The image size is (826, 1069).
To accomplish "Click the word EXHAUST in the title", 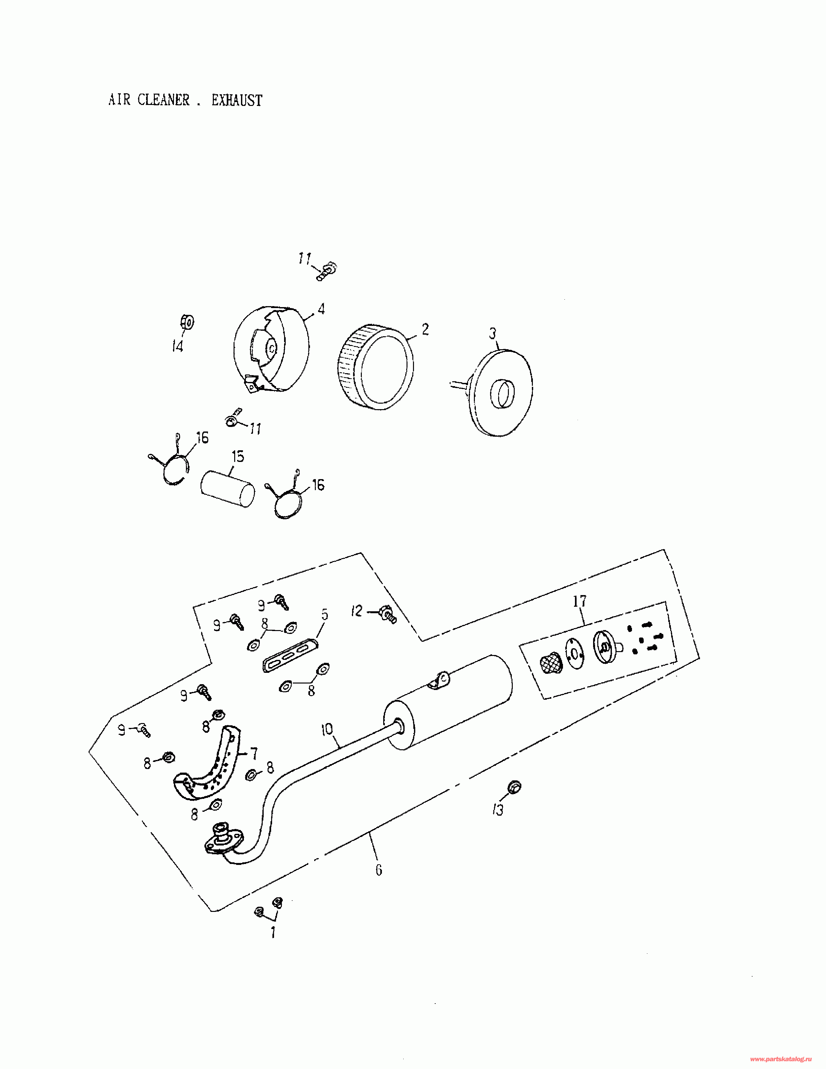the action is (237, 100).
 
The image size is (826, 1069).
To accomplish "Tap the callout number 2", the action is (425, 329).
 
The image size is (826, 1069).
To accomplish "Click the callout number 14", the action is (177, 347).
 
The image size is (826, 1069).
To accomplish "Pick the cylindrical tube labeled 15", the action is (227, 488).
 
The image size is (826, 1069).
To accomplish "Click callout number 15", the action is (238, 457).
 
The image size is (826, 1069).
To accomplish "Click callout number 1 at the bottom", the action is (273, 932).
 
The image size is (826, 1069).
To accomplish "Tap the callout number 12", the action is (357, 611).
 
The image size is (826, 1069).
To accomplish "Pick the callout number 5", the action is (325, 615).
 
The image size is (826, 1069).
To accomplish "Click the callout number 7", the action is (254, 753).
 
